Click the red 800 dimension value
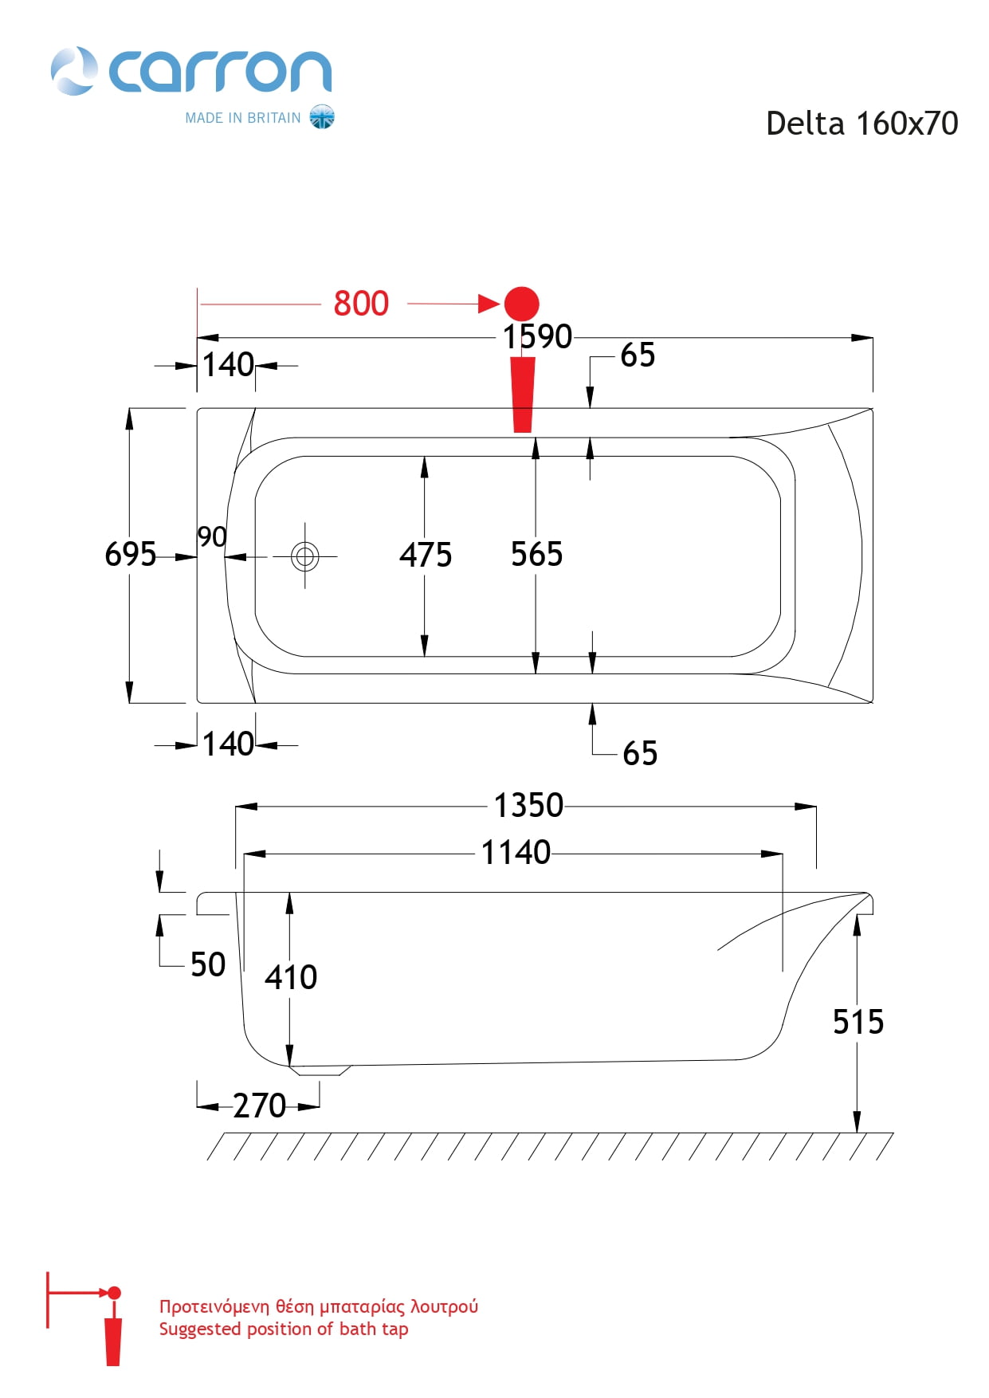pos(361,304)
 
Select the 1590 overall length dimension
pos(537,336)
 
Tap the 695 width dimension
pos(131,554)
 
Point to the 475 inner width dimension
pos(426,555)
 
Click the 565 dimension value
pos(537,554)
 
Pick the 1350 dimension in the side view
pos(528,805)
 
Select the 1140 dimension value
pos(516,853)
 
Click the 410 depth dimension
pos(291,977)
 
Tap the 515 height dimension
pos(858,1022)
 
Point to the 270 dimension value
pos(259,1106)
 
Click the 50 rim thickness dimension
pos(208,965)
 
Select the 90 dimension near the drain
pos(212,537)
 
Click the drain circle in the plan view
pos(305,556)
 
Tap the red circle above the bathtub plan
pos(522,304)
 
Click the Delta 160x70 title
pos(862,124)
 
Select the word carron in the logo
pos(220,72)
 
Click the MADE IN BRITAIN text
pos(243,118)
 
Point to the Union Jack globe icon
pos(322,117)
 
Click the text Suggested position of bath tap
pos(284,1329)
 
